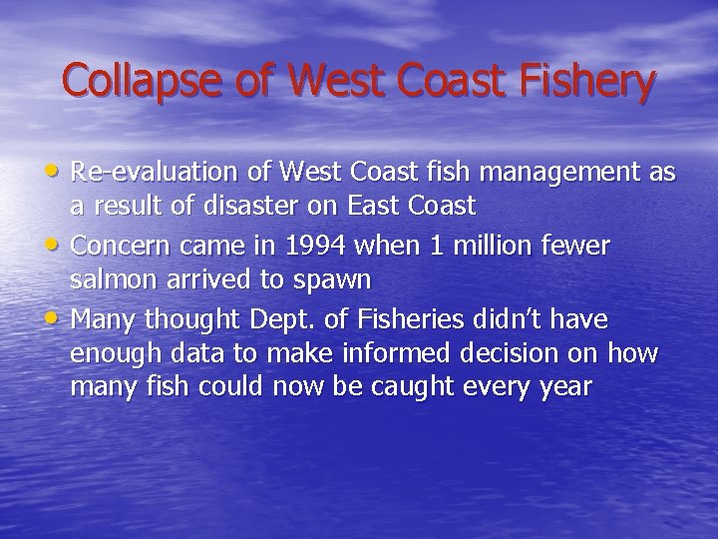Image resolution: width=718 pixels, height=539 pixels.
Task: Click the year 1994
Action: (x=318, y=246)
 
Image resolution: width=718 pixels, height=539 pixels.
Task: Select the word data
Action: (x=172, y=354)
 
